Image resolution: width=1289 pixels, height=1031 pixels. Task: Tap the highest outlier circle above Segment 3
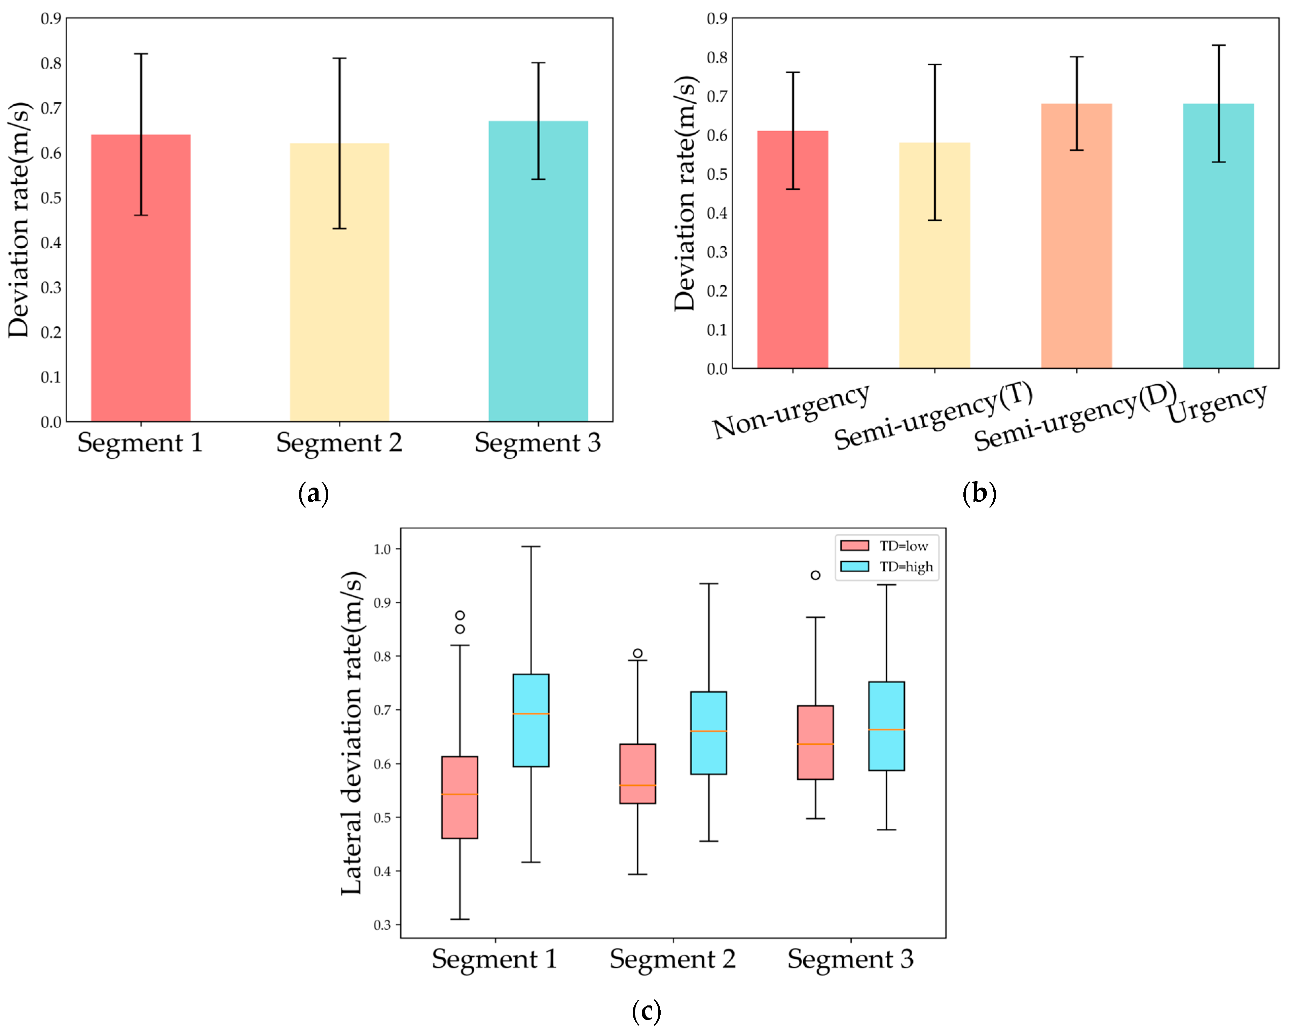pyautogui.click(x=815, y=575)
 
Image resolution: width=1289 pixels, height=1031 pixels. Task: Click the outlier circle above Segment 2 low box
pyautogui.click(x=637, y=653)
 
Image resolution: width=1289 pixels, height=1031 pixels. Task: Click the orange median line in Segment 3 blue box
pyautogui.click(x=886, y=730)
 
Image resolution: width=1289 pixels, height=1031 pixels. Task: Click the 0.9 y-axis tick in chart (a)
pyautogui.click(x=51, y=19)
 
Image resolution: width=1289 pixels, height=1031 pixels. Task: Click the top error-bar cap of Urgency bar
pyautogui.click(x=1218, y=45)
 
